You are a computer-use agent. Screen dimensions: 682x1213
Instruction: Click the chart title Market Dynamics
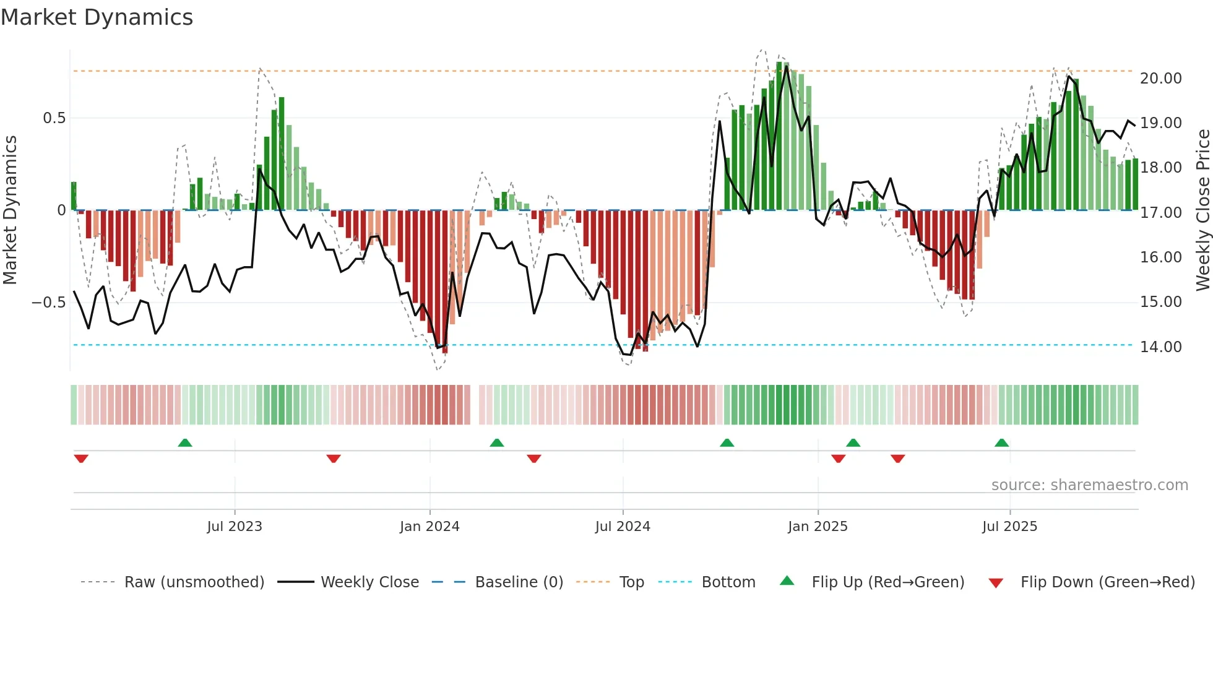point(97,17)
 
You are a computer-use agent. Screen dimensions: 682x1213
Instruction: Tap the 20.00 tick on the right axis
point(1160,79)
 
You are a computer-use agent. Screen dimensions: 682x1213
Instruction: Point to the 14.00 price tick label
point(1160,347)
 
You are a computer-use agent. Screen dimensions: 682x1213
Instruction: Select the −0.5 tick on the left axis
point(48,303)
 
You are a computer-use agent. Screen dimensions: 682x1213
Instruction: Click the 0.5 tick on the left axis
point(54,118)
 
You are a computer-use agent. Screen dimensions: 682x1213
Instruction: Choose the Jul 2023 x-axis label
point(235,527)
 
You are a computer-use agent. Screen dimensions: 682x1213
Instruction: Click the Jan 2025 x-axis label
point(818,527)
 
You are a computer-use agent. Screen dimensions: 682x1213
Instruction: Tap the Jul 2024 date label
point(623,527)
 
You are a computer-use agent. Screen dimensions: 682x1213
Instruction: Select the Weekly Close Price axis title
point(1202,210)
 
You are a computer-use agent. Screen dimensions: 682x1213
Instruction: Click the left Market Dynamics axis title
point(10,210)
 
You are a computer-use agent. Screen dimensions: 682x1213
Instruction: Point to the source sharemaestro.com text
point(1089,485)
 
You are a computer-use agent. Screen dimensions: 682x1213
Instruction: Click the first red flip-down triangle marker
point(81,459)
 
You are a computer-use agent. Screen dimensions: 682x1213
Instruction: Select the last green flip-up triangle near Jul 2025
point(1001,442)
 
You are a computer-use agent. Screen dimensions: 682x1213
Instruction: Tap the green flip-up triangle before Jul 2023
point(185,442)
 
